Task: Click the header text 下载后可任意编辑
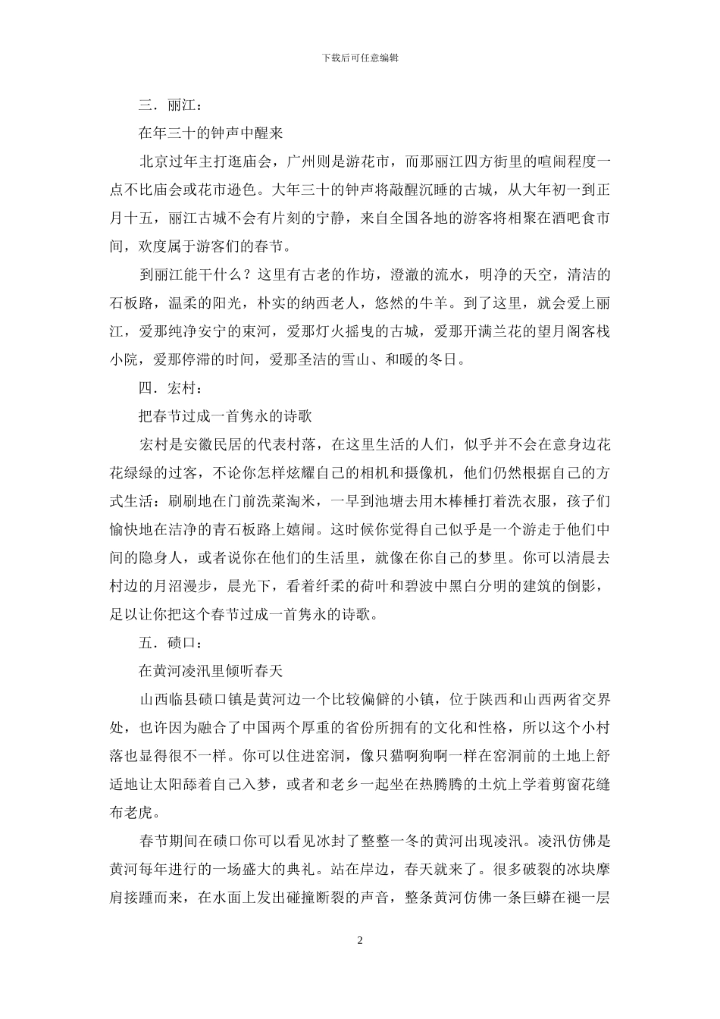360,58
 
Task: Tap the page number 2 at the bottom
360,941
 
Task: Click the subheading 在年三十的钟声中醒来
210,133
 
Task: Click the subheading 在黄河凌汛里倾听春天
210,671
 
